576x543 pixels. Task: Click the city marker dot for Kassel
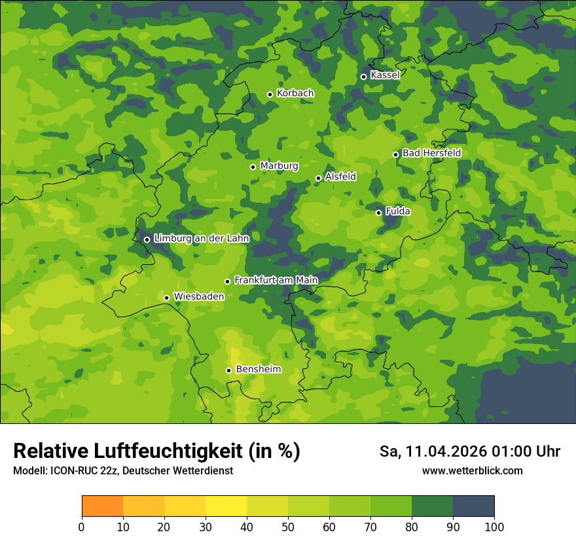point(363,77)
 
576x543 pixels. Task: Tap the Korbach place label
point(295,94)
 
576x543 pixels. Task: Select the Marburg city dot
point(253,167)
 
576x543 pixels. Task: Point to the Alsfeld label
point(340,177)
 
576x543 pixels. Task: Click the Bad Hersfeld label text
point(431,153)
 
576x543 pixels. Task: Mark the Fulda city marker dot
point(378,213)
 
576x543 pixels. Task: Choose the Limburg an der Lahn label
point(201,239)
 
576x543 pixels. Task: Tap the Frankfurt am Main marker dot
point(227,281)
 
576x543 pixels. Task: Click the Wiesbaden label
point(199,296)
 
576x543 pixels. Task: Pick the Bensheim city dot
point(228,370)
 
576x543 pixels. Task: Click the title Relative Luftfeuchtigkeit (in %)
point(156,451)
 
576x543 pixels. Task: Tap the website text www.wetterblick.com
point(472,470)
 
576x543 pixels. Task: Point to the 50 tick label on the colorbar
point(288,527)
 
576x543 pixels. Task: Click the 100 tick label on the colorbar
point(494,527)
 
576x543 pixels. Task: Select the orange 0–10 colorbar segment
point(102,506)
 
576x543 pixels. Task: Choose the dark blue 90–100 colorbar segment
point(473,506)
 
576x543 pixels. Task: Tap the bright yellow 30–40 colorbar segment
point(226,506)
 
